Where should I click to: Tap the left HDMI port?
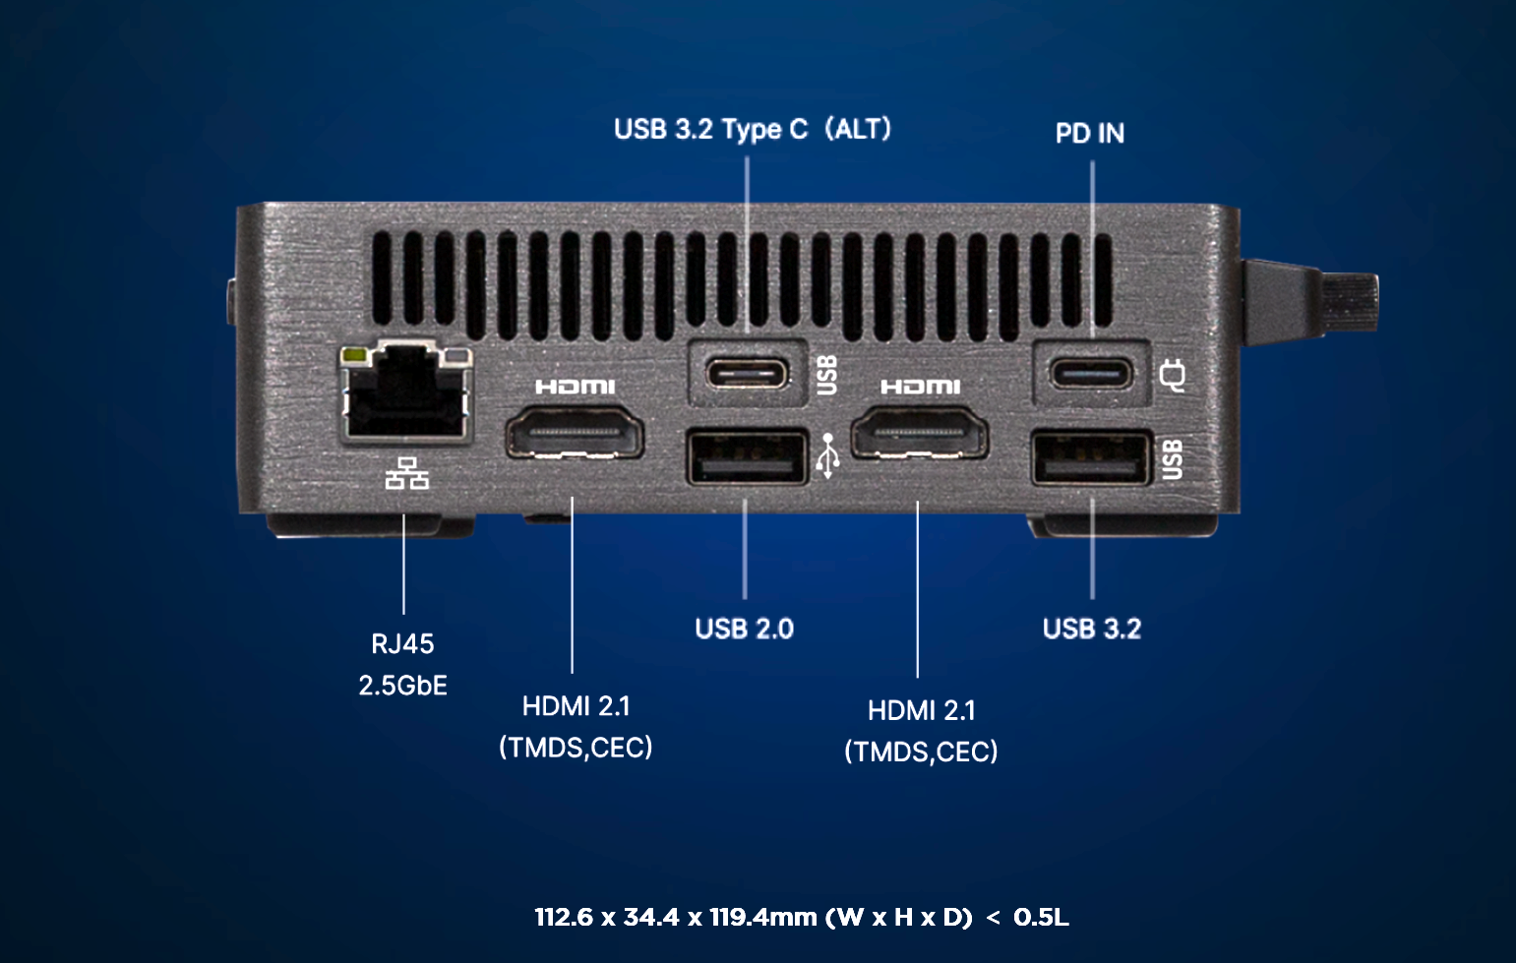click(x=575, y=433)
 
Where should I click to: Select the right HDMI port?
click(x=920, y=433)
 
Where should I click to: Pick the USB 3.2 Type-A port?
click(x=1092, y=458)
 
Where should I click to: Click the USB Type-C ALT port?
click(x=747, y=374)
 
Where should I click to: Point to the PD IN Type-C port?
click(x=1091, y=374)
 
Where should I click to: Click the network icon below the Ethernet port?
click(x=406, y=473)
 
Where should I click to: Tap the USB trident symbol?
click(x=827, y=456)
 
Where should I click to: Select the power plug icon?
click(x=1173, y=376)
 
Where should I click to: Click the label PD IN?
click(x=1090, y=134)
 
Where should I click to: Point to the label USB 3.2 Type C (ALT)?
click(x=753, y=129)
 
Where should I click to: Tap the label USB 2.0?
click(x=744, y=629)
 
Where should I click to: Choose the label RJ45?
click(x=402, y=643)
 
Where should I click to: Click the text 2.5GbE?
click(x=402, y=686)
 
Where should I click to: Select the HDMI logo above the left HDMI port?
click(x=575, y=387)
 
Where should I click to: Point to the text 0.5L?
click(x=1041, y=917)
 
